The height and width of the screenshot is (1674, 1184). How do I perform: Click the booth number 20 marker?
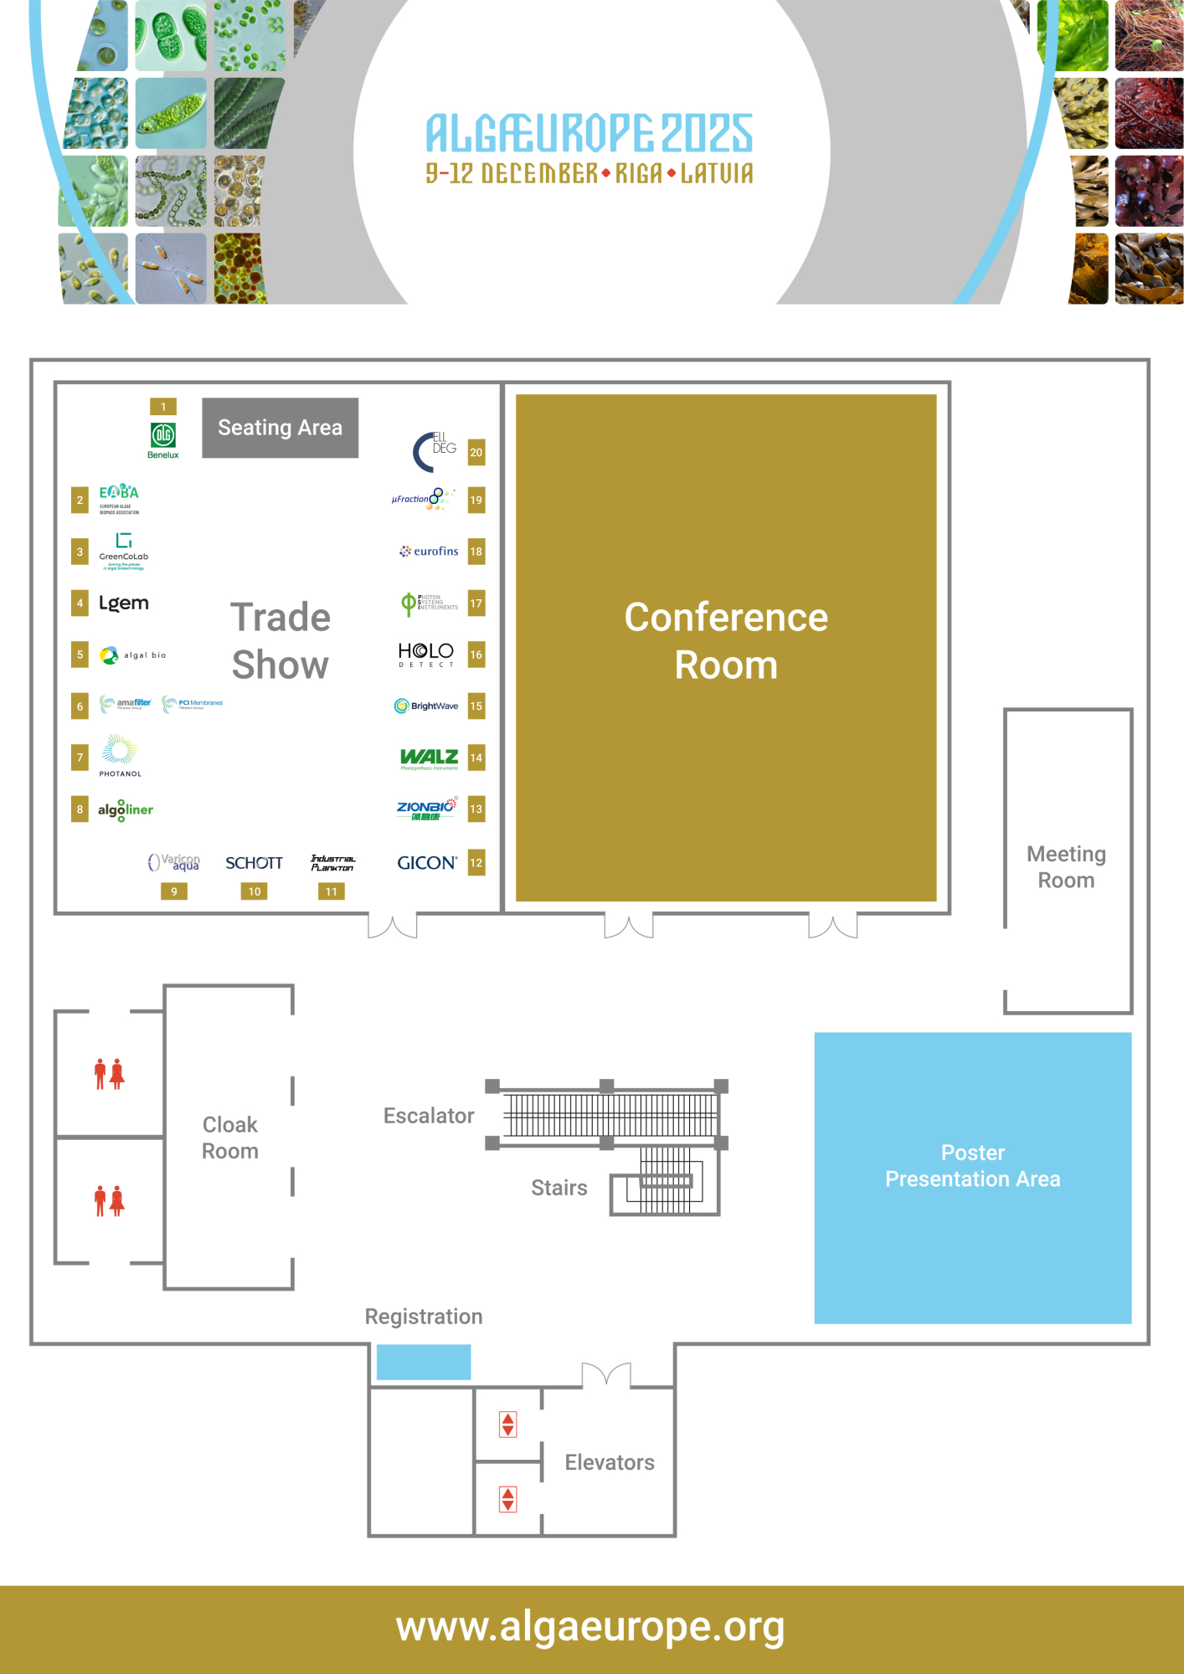[x=476, y=452]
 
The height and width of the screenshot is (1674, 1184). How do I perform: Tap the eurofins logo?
[x=430, y=552]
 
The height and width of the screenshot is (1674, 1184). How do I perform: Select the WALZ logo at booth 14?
[x=429, y=758]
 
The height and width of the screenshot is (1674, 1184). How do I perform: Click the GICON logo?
[x=427, y=863]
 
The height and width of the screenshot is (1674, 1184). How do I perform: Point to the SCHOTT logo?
[x=254, y=863]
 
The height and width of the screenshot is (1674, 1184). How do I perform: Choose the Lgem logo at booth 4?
[x=124, y=603]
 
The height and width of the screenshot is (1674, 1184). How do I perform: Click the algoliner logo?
[x=126, y=810]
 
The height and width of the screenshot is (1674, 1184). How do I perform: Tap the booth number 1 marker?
[x=163, y=407]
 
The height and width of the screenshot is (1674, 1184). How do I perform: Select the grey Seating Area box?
[x=281, y=428]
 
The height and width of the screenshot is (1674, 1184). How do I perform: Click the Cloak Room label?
[x=230, y=1137]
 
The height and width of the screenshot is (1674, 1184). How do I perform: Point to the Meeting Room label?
[x=1066, y=867]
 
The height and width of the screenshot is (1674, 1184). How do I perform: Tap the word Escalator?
[x=429, y=1116]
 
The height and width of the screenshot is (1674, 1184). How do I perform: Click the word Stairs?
[x=559, y=1188]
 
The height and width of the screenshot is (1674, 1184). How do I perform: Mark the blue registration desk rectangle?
[x=424, y=1362]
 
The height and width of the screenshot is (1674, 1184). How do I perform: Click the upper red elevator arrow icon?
[x=508, y=1424]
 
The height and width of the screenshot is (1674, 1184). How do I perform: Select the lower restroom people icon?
[x=110, y=1201]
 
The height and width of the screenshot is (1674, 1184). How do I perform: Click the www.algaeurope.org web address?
[x=590, y=1627]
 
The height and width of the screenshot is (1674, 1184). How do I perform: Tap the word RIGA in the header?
[x=639, y=173]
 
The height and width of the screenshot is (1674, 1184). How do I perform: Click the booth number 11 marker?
[x=332, y=891]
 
